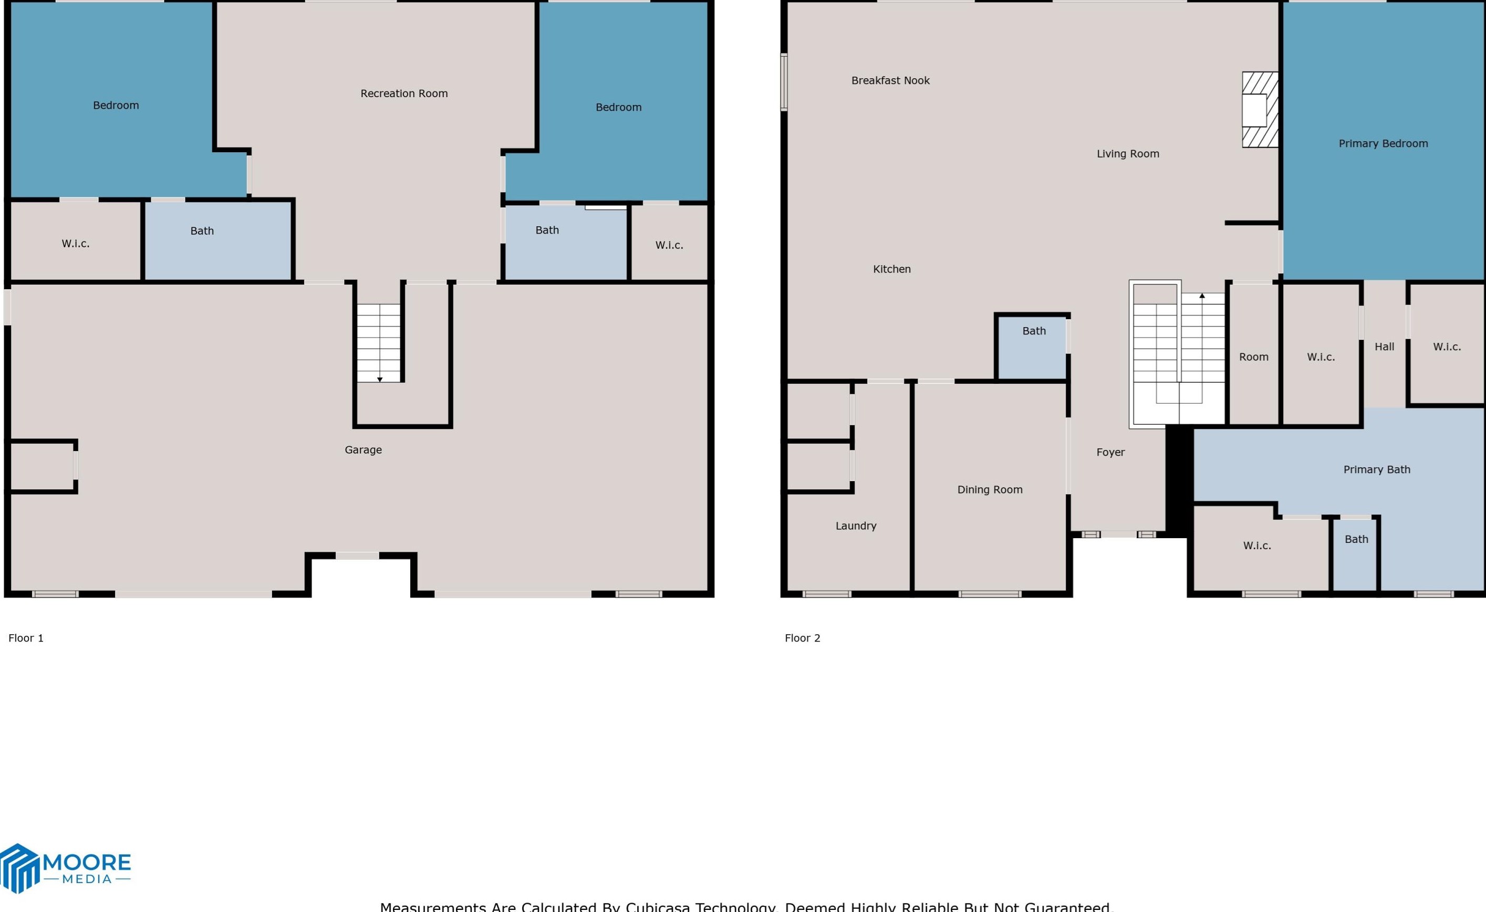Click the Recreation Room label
(x=403, y=93)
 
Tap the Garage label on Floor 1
(x=362, y=449)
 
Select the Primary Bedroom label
(x=1383, y=143)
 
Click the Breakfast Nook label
(x=890, y=80)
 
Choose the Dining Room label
(x=990, y=490)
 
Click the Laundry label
(x=856, y=526)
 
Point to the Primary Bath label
(x=1376, y=469)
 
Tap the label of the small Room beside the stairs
(x=1253, y=357)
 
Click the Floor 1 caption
(x=26, y=638)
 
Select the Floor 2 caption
(x=802, y=638)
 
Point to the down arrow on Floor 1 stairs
(x=379, y=379)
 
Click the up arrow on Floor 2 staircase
(x=1202, y=296)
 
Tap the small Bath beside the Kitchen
(x=1034, y=331)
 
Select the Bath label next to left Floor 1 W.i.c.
(x=202, y=231)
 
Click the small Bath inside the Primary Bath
(x=1356, y=539)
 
